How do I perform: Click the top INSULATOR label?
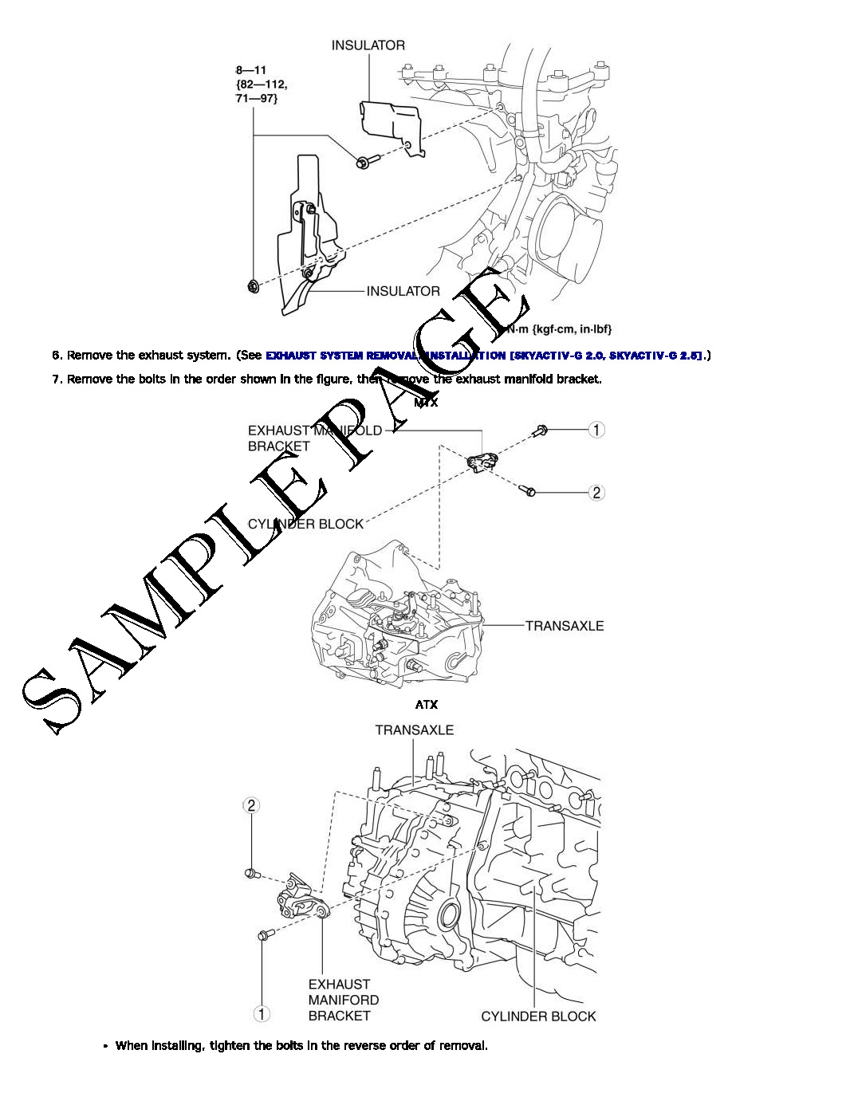point(368,45)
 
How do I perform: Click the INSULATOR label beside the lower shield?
point(403,291)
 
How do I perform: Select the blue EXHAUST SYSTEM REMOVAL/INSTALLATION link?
point(484,356)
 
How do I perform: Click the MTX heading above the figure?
point(426,403)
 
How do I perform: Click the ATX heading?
point(426,705)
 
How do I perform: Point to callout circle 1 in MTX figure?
point(596,430)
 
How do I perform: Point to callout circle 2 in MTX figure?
point(596,493)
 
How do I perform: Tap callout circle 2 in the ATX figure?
point(251,805)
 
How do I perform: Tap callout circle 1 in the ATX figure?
point(262,1014)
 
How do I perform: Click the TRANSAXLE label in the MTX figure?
point(564,626)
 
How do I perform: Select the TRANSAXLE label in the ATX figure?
point(414,729)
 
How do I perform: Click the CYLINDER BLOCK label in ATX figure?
point(538,1016)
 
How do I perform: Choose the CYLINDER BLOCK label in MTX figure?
point(305,524)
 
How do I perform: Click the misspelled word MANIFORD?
point(344,1000)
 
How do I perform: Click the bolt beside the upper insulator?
point(363,163)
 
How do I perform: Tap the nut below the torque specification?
point(253,286)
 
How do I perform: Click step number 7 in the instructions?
point(57,379)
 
